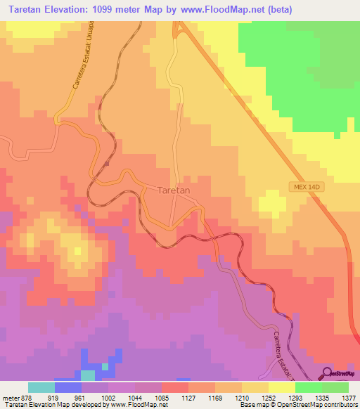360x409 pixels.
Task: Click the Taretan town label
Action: coord(174,190)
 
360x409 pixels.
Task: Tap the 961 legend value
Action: coord(81,398)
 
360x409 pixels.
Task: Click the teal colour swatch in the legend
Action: coord(41,387)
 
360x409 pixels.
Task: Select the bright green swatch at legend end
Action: coord(335,387)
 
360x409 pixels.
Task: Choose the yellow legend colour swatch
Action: coord(281,387)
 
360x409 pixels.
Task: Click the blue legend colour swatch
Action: coord(68,387)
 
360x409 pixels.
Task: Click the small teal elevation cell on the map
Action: coord(105,366)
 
